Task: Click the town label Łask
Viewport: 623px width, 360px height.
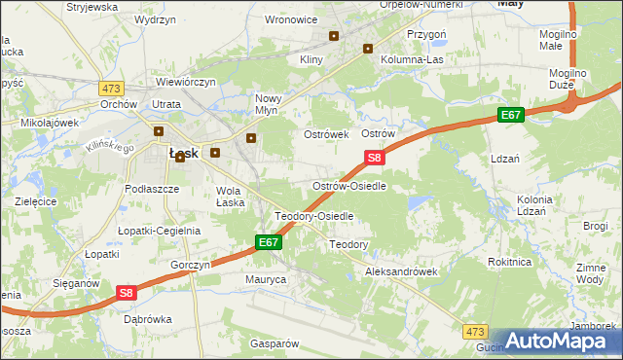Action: coord(184,153)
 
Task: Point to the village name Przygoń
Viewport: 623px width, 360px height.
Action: coord(426,32)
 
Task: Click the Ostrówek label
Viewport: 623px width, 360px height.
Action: coord(326,133)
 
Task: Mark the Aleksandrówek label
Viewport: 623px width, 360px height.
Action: coord(401,271)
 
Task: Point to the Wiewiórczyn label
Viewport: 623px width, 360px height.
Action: coord(185,82)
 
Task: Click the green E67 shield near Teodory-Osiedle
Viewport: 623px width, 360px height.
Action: coord(270,242)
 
